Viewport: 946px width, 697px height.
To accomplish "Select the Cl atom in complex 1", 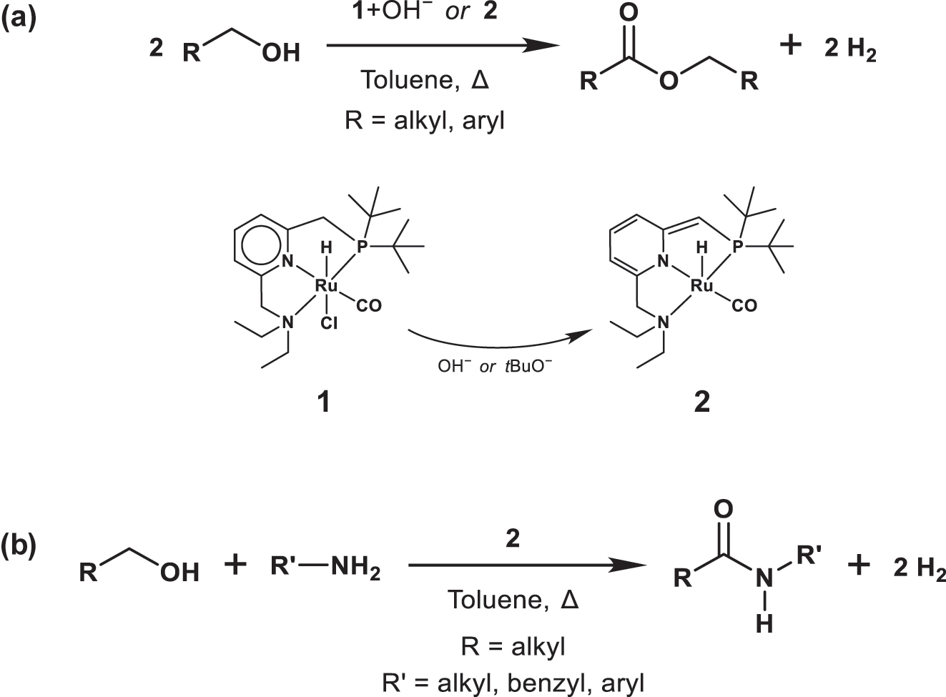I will point(328,324).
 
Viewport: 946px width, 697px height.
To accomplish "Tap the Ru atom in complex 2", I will point(702,286).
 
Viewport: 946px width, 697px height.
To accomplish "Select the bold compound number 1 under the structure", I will point(324,402).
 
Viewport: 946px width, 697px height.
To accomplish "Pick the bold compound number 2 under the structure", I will point(702,402).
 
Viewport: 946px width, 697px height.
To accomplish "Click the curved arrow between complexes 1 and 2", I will point(501,345).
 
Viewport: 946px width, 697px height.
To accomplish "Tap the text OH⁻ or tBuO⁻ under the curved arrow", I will point(495,367).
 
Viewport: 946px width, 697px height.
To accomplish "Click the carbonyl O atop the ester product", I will point(629,14).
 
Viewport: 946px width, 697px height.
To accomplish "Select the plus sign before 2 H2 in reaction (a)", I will point(791,46).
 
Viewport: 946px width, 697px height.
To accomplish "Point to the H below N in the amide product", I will point(764,625).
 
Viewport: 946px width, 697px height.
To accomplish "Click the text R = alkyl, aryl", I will point(424,120).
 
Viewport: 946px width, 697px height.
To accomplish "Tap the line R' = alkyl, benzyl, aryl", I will point(513,683).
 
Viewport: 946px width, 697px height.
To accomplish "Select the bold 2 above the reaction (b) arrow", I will point(512,539).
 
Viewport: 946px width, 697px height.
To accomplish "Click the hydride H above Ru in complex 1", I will point(326,248).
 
